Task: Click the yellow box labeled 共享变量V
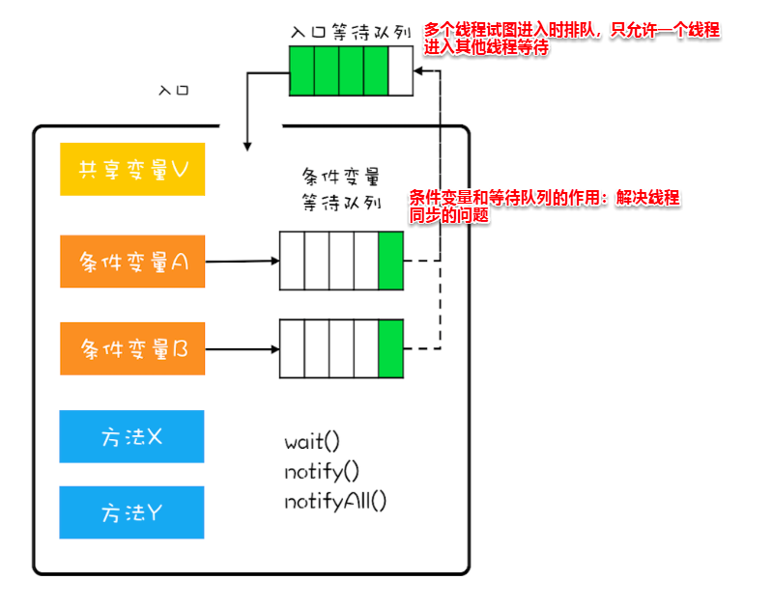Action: pyautogui.click(x=132, y=170)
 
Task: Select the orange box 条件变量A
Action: pyautogui.click(x=132, y=262)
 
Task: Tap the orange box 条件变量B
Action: pyautogui.click(x=132, y=348)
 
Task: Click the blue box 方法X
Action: pyautogui.click(x=132, y=436)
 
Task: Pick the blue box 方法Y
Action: pyautogui.click(x=132, y=512)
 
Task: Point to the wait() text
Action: pyautogui.click(x=312, y=443)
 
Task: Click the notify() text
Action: pyautogui.click(x=322, y=472)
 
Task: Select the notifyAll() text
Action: pyautogui.click(x=335, y=502)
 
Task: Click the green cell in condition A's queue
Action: pyautogui.click(x=390, y=261)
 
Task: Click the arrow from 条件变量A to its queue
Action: pyautogui.click(x=242, y=261)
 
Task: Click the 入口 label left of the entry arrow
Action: pyautogui.click(x=174, y=91)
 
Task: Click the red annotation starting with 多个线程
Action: pyautogui.click(x=572, y=38)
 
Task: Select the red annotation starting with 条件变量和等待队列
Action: pyautogui.click(x=544, y=207)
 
